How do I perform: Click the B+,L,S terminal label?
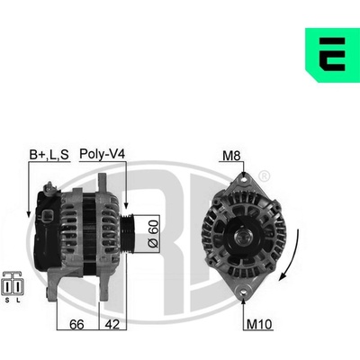[x=49, y=155]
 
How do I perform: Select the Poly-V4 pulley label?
[x=102, y=154]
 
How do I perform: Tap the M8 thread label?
[x=231, y=156]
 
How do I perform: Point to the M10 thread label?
[x=259, y=324]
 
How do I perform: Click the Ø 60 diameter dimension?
[x=153, y=234]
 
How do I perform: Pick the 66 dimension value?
[x=76, y=324]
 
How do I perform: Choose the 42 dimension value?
[x=112, y=324]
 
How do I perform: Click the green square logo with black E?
[x=332, y=55]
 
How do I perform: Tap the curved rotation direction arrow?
[x=292, y=256]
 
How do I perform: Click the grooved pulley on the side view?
[x=127, y=234]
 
